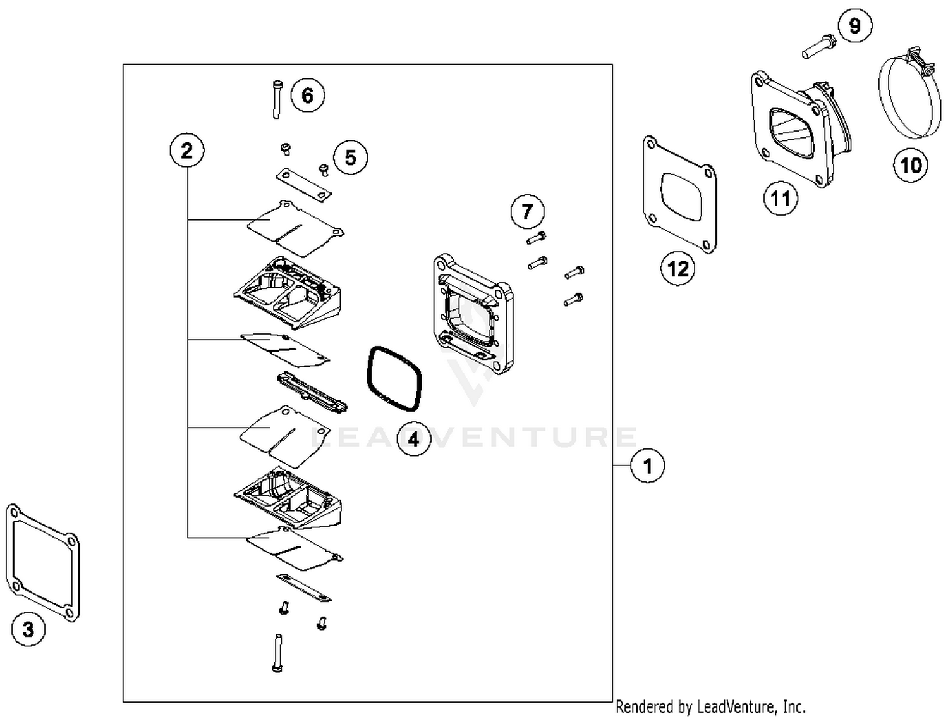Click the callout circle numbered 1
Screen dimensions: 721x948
click(x=647, y=466)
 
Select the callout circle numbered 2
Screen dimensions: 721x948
click(x=187, y=151)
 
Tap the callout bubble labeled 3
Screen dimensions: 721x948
click(x=28, y=629)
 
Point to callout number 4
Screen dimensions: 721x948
click(x=413, y=439)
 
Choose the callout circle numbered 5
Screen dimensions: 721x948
click(x=350, y=157)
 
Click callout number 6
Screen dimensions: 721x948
click(x=307, y=96)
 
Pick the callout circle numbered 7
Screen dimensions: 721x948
click(x=527, y=211)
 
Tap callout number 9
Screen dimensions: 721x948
click(x=854, y=26)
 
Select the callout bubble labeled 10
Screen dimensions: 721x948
click(x=910, y=165)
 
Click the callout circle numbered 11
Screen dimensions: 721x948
click(x=781, y=198)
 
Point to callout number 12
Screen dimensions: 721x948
click(x=678, y=269)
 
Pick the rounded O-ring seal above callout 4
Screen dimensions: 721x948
click(x=393, y=378)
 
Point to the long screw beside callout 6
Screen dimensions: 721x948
click(x=277, y=99)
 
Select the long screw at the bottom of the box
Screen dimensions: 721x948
click(x=278, y=652)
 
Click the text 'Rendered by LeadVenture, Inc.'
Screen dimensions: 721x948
click(x=710, y=706)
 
